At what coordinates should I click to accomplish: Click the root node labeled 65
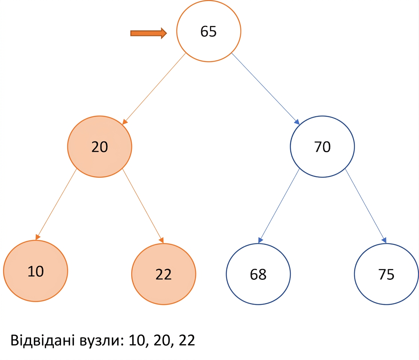point(208,31)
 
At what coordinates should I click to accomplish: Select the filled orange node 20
point(100,147)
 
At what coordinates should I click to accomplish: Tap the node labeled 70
point(322,147)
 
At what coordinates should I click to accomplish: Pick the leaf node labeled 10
point(36,271)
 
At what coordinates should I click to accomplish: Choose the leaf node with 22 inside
point(163,274)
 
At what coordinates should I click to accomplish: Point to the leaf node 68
point(258,274)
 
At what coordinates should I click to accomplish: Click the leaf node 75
point(386,274)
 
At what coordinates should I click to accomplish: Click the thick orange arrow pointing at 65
point(148,33)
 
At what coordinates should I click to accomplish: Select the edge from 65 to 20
point(154,89)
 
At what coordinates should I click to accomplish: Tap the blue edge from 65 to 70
point(265,89)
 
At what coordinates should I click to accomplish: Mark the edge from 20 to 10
point(56,204)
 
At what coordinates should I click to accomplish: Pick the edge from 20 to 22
point(143,206)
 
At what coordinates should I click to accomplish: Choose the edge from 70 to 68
point(279,206)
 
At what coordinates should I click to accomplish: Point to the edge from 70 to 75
point(366,206)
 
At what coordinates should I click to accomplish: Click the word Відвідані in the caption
point(42,340)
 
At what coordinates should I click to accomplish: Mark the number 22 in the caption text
point(187,340)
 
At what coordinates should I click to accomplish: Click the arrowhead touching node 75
point(384,240)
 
